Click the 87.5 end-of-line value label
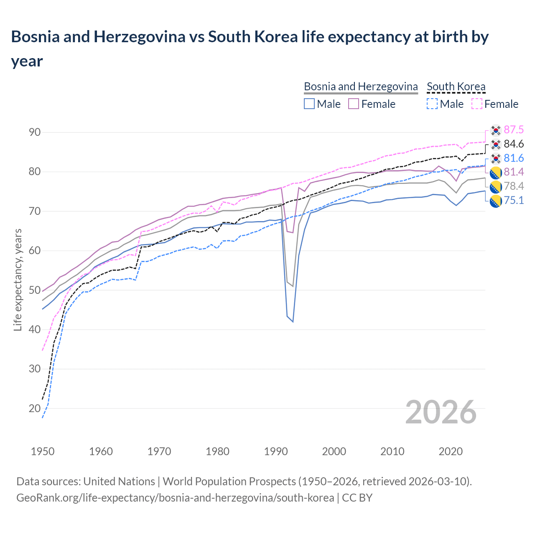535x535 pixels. pyautogui.click(x=514, y=130)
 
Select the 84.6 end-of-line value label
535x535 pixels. pyautogui.click(x=514, y=144)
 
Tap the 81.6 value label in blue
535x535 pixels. pyautogui.click(x=514, y=158)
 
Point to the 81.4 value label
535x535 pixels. pyautogui.click(x=514, y=172)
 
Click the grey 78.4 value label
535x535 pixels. pyautogui.click(x=514, y=186)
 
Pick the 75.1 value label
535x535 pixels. pyautogui.click(x=514, y=201)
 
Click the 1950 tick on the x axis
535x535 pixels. pyautogui.click(x=43, y=451)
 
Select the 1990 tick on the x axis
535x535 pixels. pyautogui.click(x=276, y=451)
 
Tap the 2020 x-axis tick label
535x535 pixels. pyautogui.click(x=451, y=451)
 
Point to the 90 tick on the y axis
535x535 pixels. pyautogui.click(x=35, y=132)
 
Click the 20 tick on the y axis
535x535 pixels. pyautogui.click(x=35, y=408)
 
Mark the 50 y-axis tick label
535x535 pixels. pyautogui.click(x=35, y=290)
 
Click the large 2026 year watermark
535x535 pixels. pyautogui.click(x=441, y=412)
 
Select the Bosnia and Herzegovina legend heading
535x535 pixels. pyautogui.click(x=361, y=87)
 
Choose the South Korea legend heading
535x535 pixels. pyautogui.click(x=456, y=87)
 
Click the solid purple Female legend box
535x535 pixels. pyautogui.click(x=354, y=104)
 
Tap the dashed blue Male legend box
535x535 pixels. pyautogui.click(x=432, y=104)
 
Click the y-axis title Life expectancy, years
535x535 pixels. pyautogui.click(x=18, y=280)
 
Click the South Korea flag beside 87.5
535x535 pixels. pyautogui.click(x=496, y=130)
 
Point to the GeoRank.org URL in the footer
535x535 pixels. pyautogui.click(x=175, y=498)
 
